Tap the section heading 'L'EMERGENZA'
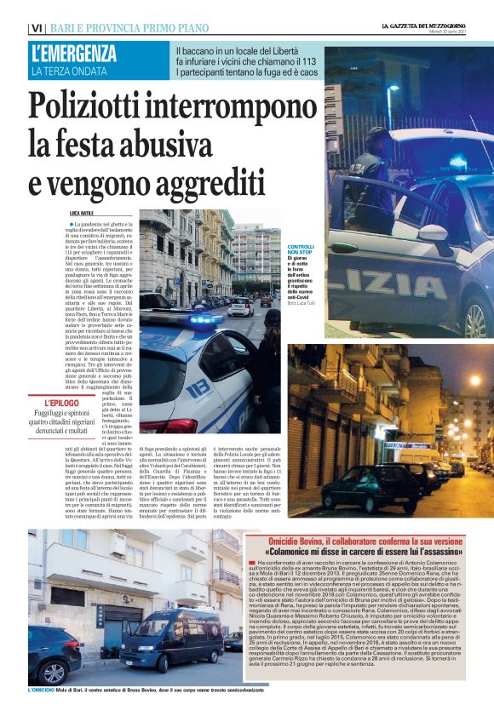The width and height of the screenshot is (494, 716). pos(74,54)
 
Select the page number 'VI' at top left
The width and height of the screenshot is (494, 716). pos(36,28)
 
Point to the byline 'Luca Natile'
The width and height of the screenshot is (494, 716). pos(83,212)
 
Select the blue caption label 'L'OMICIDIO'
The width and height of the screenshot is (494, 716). pos(43,690)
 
